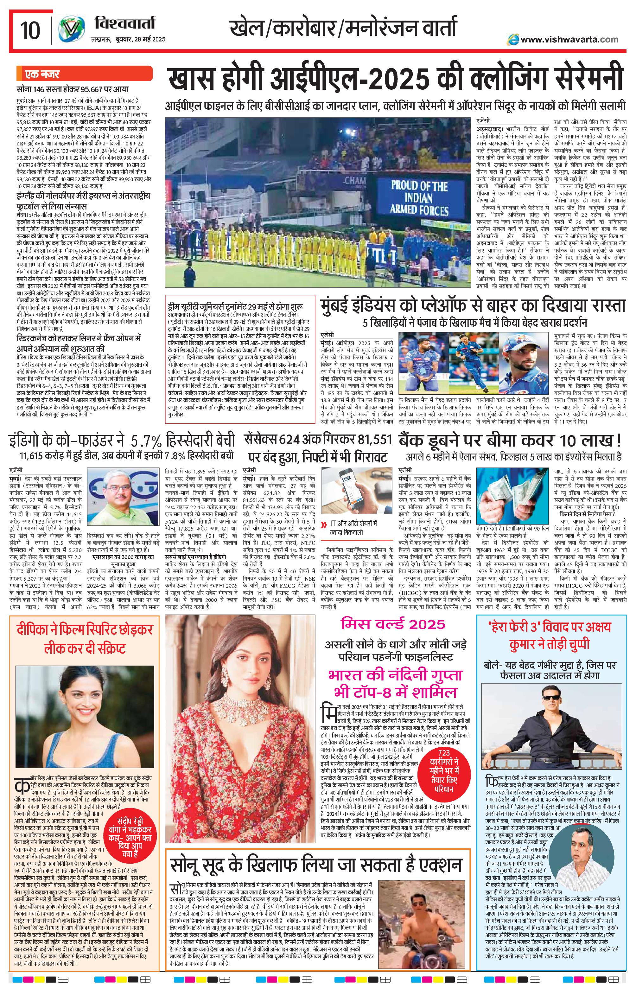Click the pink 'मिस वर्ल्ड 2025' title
click(x=393, y=624)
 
